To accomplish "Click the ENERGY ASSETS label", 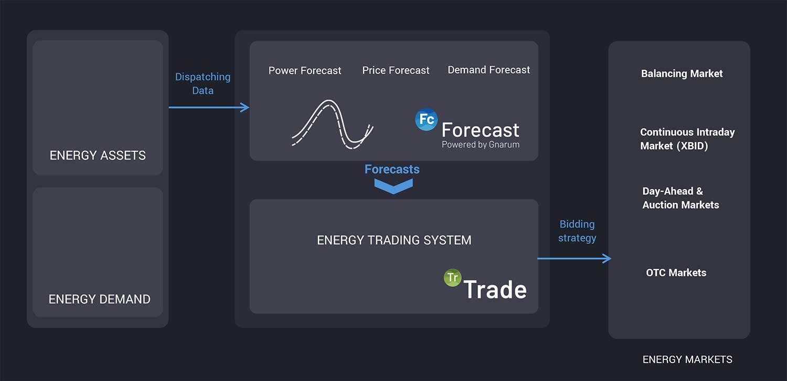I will pos(98,156).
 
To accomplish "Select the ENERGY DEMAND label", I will pos(99,300).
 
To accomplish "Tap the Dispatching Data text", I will pos(203,84).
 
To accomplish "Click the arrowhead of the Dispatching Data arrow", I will pos(245,107).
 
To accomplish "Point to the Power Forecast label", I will pos(305,70).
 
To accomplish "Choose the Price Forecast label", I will pos(396,70).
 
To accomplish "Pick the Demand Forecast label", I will pos(488,70).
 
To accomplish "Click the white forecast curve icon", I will pos(332,123).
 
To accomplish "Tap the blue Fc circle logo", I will pos(426,119).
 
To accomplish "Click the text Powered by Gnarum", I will pos(481,145).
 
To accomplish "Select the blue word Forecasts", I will pos(392,169).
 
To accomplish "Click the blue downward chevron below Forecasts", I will pos(393,186).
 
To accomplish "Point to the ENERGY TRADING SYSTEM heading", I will pos(394,240).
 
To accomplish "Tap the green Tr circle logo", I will pos(452,278).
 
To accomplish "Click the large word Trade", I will pos(495,290).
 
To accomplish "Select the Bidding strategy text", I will pos(577,231).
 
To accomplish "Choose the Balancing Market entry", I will pos(682,74).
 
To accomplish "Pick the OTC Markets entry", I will pos(676,273).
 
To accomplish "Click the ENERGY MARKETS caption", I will pos(687,360).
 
